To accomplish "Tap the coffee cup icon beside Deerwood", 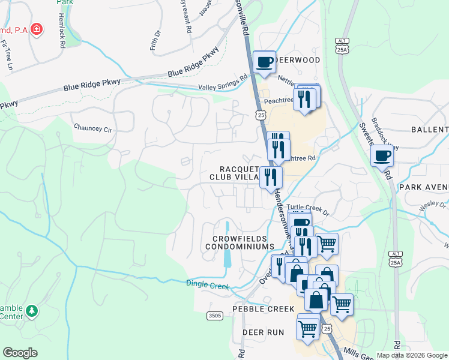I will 264,62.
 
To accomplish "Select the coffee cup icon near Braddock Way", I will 382,157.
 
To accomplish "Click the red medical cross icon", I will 37,29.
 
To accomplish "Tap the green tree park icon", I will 32,311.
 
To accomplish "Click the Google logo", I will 20,353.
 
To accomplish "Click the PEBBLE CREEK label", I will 268,309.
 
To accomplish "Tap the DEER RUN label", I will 262,332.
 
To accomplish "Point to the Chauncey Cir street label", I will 92,128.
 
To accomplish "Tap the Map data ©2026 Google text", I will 412,355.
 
